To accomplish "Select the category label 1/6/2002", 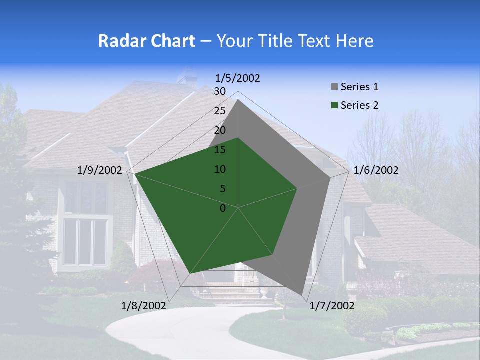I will pyautogui.click(x=376, y=170).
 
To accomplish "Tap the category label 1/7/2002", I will pyautogui.click(x=332, y=306).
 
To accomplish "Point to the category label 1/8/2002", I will pyautogui.click(x=143, y=306).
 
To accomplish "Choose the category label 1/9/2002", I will pyautogui.click(x=99, y=170).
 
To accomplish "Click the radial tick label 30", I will pyautogui.click(x=220, y=91).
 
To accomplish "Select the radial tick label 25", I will pyautogui.click(x=220, y=111).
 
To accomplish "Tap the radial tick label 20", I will pyautogui.click(x=220, y=130).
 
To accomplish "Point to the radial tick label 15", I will pyautogui.click(x=220, y=150).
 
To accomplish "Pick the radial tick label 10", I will pyautogui.click(x=220, y=169).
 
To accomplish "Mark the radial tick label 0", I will pyautogui.click(x=223, y=208).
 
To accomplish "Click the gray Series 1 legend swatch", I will pyautogui.click(x=334, y=87).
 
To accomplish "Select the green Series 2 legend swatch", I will pyautogui.click(x=334, y=105).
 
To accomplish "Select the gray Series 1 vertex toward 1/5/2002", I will pyautogui.click(x=238, y=100).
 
